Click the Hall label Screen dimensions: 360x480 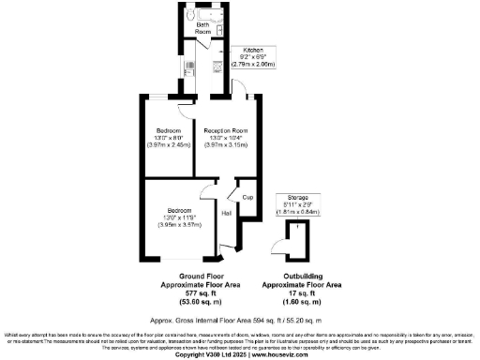coord(226,214)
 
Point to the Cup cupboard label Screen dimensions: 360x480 coord(247,198)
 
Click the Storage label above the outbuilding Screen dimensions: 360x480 coord(298,198)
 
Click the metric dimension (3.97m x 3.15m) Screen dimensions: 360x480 coord(223,145)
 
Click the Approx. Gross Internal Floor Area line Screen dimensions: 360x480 coord(240,318)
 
